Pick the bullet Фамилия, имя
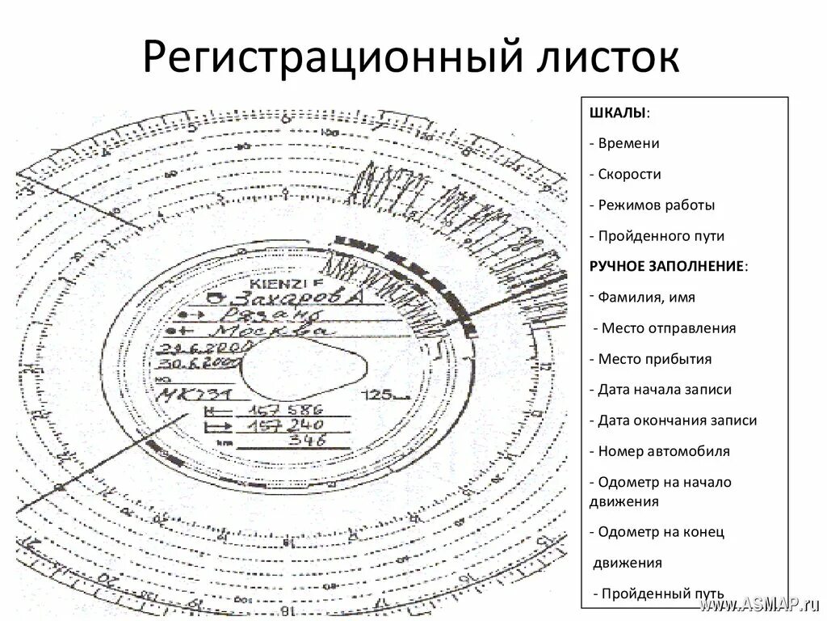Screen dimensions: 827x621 [646, 297]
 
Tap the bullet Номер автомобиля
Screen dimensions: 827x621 [663, 451]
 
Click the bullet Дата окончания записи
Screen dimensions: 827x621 [677, 420]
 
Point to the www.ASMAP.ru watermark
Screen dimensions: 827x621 [759, 604]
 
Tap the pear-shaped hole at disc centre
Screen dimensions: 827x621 [306, 368]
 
